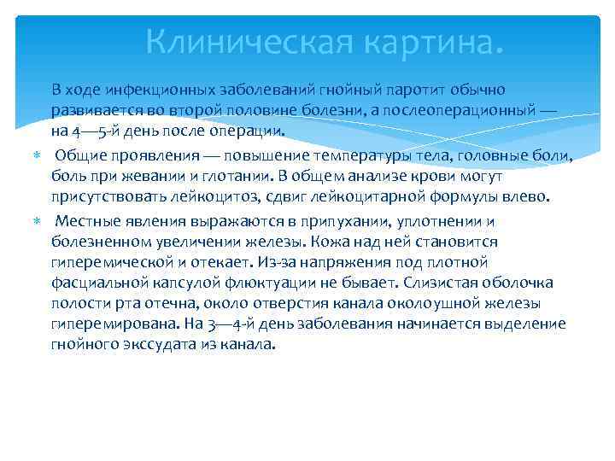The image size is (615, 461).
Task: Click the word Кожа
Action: [x=332, y=242]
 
